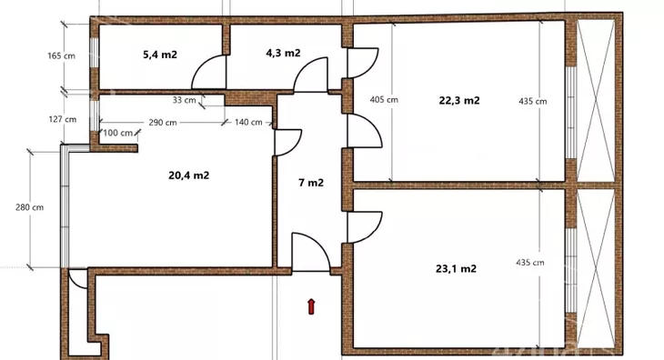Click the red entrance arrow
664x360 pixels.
[x=311, y=306]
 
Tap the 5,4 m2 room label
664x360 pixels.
[x=160, y=55]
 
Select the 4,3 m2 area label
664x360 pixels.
[x=283, y=53]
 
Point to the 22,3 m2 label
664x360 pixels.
[x=459, y=100]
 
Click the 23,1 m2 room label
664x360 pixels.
[x=456, y=268]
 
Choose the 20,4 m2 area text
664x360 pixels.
[x=189, y=175]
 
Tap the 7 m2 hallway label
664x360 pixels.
[x=311, y=183]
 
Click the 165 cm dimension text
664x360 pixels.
[x=62, y=55]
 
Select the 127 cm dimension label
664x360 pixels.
[x=63, y=119]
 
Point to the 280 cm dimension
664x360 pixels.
[x=30, y=207]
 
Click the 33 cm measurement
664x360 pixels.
[x=185, y=100]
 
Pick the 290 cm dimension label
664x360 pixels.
[x=163, y=122]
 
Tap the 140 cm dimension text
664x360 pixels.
[x=248, y=122]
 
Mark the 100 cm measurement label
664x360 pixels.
[x=117, y=133]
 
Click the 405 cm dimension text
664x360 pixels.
[x=384, y=100]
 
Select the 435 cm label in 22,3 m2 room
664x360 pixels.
[x=533, y=101]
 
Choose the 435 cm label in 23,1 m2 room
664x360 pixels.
[x=530, y=263]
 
